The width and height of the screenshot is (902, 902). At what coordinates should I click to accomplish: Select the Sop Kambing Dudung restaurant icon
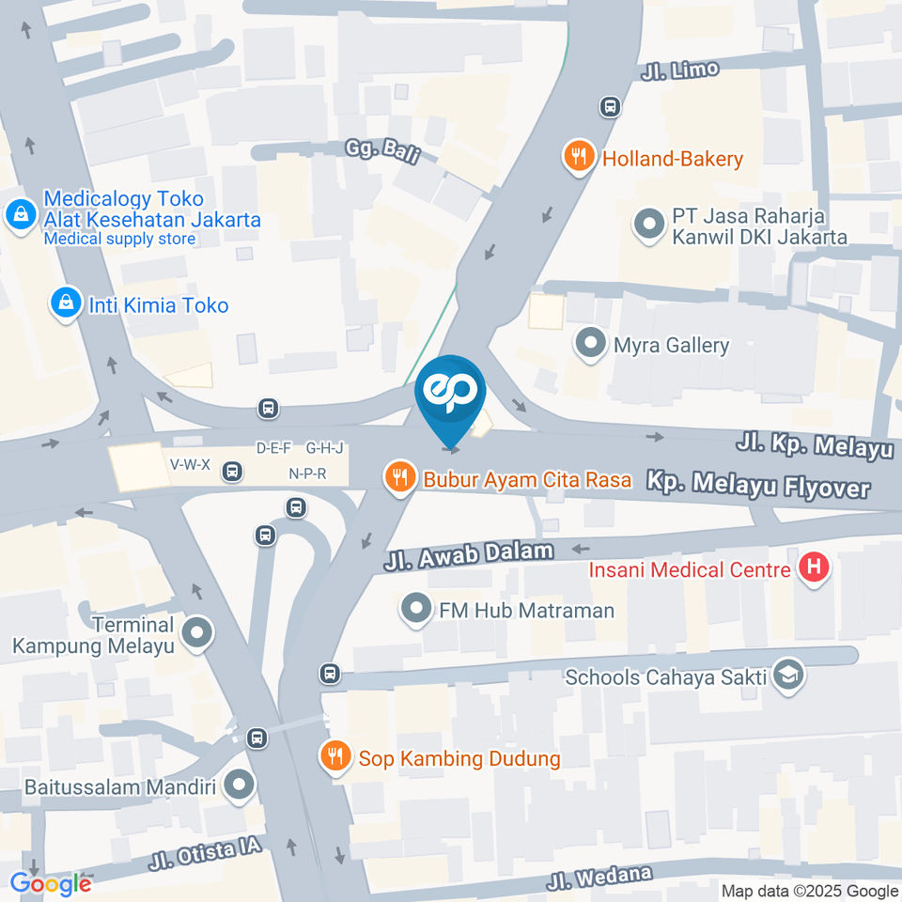click(334, 756)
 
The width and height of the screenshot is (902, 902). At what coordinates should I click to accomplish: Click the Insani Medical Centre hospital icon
click(813, 567)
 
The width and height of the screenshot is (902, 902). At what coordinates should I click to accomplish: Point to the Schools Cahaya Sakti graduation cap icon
click(787, 676)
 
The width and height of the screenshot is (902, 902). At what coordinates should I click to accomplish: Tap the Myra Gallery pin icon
click(590, 344)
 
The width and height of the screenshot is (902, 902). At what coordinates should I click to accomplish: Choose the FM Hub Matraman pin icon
click(415, 609)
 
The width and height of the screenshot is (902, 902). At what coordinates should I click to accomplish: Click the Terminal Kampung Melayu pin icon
click(197, 633)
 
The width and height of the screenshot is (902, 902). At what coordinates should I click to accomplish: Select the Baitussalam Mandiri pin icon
click(240, 785)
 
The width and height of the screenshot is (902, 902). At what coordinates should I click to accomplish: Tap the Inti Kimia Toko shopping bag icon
click(66, 303)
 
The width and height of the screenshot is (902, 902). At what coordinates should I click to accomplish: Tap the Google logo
click(51, 883)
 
